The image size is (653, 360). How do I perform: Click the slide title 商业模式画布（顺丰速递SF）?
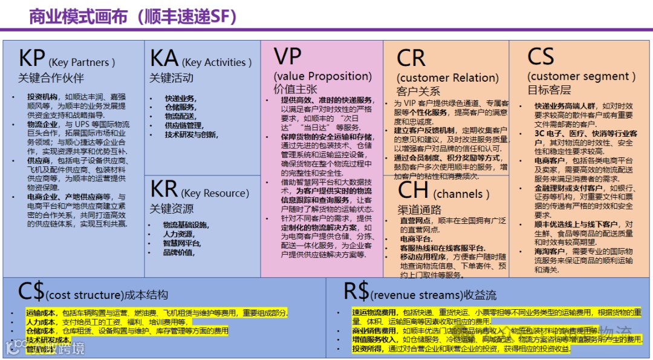pyautogui.click(x=133, y=16)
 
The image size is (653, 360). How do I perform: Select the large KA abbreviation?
pyautogui.click(x=164, y=59)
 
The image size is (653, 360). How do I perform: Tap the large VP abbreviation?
pyautogui.click(x=288, y=56)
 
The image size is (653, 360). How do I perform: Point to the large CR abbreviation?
pyautogui.click(x=411, y=59)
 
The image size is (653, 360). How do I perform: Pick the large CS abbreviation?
pyautogui.click(x=541, y=57)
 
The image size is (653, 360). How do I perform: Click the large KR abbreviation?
pyautogui.click(x=164, y=189)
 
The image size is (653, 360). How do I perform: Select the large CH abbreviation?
pyautogui.click(x=414, y=191)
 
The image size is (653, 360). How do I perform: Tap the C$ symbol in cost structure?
pyautogui.click(x=31, y=292)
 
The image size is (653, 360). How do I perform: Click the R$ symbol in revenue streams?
pyautogui.click(x=356, y=292)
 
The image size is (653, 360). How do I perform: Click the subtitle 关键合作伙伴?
pyautogui.click(x=51, y=78)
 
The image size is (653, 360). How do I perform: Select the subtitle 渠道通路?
pyautogui.click(x=419, y=210)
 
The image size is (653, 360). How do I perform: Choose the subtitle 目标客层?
pyautogui.click(x=549, y=90)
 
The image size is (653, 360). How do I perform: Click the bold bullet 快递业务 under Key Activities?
pyautogui.click(x=180, y=99)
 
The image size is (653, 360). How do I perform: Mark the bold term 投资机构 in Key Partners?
pyautogui.click(x=42, y=97)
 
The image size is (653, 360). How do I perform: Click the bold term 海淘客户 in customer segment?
pyautogui.click(x=549, y=250)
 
